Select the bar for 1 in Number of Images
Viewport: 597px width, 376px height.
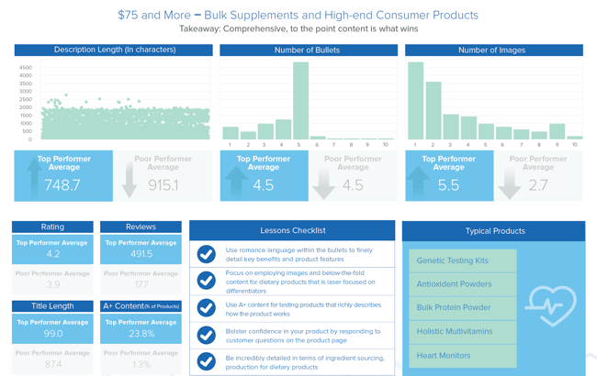coord(415,101)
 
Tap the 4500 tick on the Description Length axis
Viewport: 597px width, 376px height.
coord(25,68)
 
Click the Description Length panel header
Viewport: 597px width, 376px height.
coord(115,50)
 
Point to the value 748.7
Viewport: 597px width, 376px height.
coord(62,185)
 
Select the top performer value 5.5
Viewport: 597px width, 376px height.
coord(447,185)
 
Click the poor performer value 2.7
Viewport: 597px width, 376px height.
coord(537,185)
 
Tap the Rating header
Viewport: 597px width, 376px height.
coord(52,227)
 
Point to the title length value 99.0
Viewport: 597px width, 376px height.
coord(52,335)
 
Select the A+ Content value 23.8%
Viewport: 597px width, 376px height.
coord(141,335)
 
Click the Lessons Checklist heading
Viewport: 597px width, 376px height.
coord(293,230)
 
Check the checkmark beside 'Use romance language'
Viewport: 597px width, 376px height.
coord(207,254)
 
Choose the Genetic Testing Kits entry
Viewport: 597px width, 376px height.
coord(463,260)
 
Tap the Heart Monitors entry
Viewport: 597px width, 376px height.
coord(463,355)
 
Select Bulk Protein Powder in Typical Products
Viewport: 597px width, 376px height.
coord(463,308)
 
